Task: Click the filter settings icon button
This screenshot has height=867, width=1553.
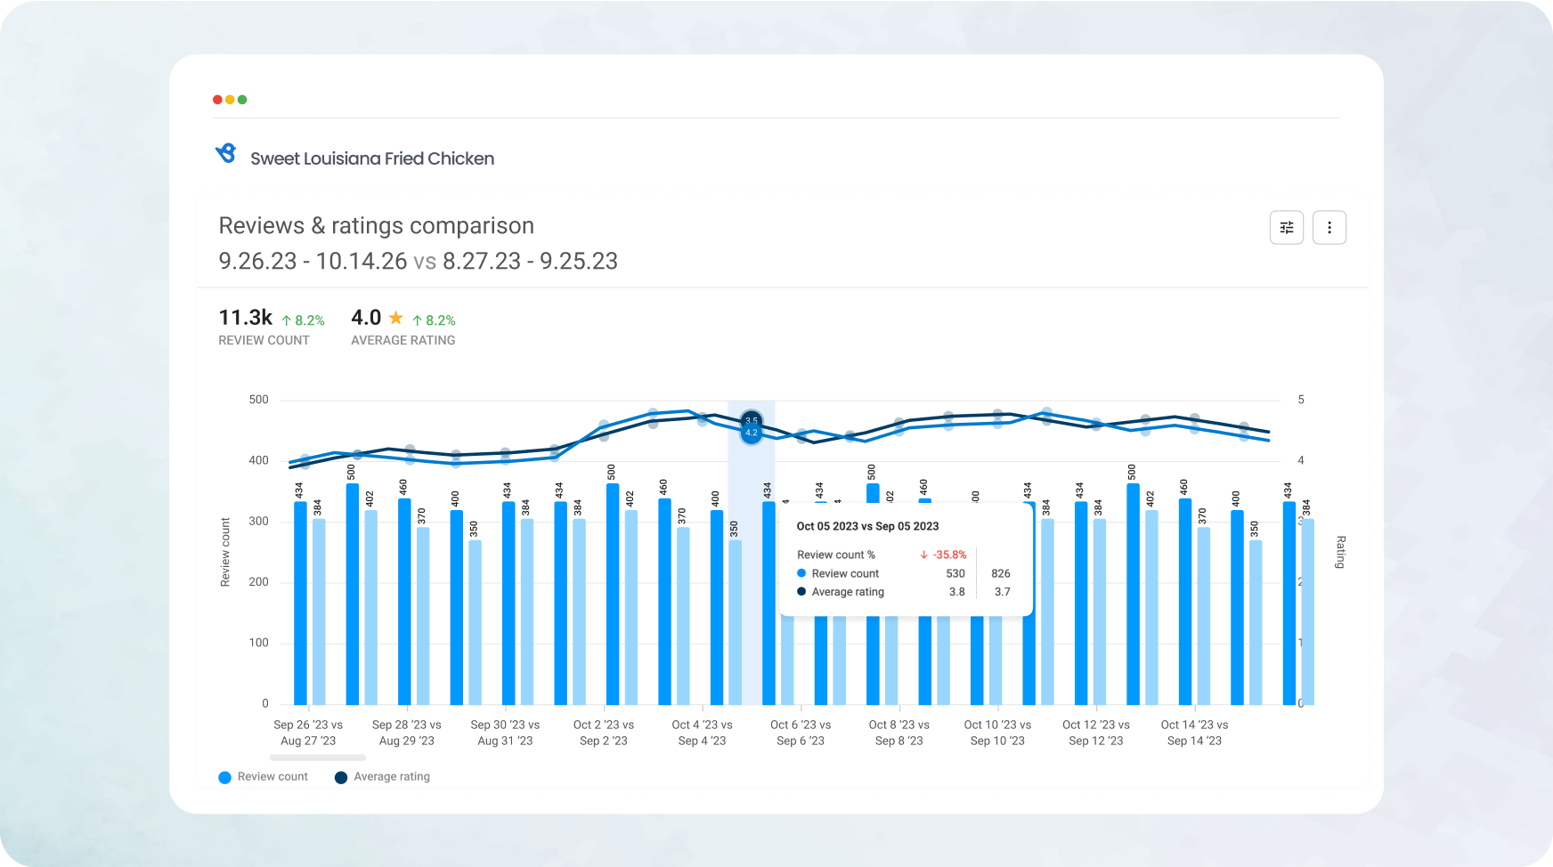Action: point(1286,228)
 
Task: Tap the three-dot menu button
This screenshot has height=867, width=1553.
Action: point(1329,228)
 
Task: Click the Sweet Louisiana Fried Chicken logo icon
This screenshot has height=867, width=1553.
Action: point(226,154)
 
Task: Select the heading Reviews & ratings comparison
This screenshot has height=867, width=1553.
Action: point(376,226)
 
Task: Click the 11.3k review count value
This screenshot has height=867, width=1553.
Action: point(246,318)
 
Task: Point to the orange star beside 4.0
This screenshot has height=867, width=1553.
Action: point(395,318)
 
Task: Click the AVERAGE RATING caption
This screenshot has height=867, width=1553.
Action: point(402,340)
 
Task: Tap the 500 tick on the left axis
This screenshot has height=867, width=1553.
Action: point(258,400)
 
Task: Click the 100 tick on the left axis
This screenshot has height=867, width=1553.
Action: point(258,643)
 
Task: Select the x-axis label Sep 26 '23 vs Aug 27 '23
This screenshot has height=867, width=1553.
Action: point(308,733)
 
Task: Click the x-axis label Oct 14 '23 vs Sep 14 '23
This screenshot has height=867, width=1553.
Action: point(1194,733)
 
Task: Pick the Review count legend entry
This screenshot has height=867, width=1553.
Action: point(264,777)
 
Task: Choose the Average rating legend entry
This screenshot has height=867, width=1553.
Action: point(382,777)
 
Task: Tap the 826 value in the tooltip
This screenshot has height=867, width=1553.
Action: point(1000,573)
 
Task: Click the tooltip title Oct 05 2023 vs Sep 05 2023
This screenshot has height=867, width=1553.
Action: point(867,526)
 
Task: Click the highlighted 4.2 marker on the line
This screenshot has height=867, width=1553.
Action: point(751,433)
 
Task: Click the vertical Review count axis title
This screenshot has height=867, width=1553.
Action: point(225,552)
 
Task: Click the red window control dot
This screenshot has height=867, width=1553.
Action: point(217,100)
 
